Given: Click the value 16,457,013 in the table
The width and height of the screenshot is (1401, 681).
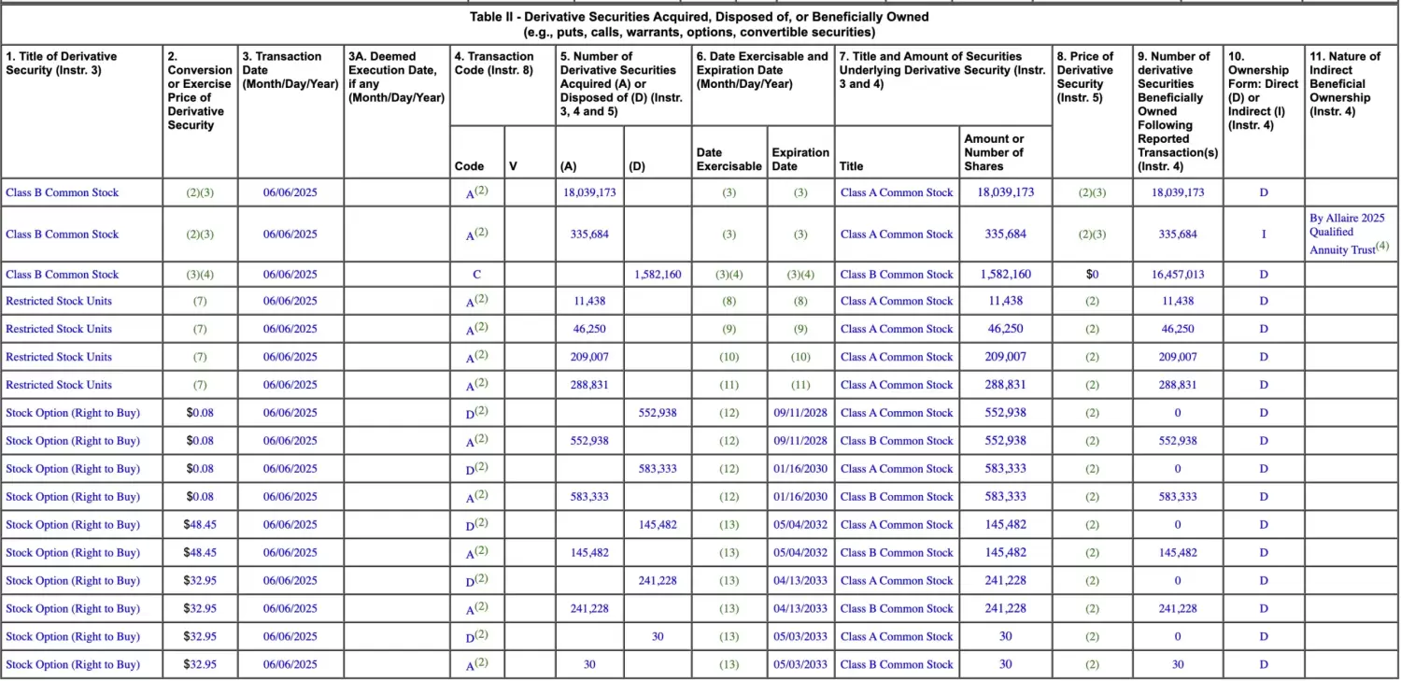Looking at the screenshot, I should tap(1177, 275).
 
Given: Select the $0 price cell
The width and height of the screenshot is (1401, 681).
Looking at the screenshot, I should tap(1091, 275).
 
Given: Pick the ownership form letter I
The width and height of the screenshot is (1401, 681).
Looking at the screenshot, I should tap(1263, 234).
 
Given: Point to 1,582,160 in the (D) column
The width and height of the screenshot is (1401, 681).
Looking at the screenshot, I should tap(657, 275).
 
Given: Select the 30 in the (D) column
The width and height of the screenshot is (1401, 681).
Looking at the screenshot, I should tap(657, 637).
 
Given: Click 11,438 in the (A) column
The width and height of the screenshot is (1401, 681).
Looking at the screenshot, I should tap(588, 302).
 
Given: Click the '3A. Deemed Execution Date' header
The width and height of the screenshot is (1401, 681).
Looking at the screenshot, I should tap(395, 77).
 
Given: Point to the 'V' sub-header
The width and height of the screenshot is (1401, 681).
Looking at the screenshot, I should tap(513, 166).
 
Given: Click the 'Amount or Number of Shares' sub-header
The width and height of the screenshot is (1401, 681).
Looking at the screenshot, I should tap(994, 152).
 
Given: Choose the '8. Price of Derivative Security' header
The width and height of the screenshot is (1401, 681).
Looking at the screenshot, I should tap(1091, 77).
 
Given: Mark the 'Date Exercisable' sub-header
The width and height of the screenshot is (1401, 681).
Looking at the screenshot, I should tap(729, 160).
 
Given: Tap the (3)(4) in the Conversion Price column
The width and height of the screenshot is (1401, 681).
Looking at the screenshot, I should tap(200, 275).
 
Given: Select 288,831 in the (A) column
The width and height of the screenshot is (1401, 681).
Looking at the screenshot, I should tap(588, 385).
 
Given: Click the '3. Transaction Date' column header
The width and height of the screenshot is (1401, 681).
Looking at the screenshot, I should tap(290, 70).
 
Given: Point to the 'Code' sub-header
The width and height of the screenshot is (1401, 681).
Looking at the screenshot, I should tap(469, 166).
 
